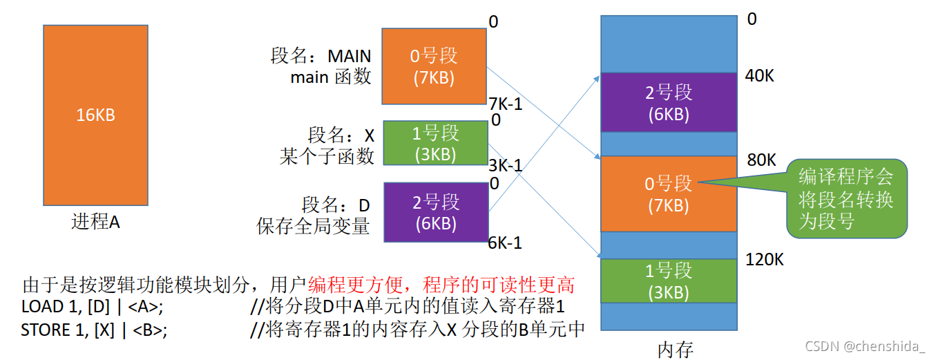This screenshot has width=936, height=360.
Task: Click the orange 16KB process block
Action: [x=95, y=115]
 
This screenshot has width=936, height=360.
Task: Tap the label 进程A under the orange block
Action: [x=95, y=222]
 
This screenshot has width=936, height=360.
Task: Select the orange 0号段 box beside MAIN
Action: [x=434, y=66]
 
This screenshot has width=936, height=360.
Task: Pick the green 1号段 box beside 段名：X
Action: [x=435, y=143]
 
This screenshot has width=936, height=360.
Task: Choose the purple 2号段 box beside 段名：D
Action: [x=435, y=211]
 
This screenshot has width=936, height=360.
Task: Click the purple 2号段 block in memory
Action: [x=669, y=102]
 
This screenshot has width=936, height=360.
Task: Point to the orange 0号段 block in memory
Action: [x=669, y=193]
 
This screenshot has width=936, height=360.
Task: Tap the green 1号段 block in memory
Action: [x=669, y=281]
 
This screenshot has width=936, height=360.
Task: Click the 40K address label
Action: [x=760, y=76]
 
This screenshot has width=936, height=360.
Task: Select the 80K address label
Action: [x=760, y=160]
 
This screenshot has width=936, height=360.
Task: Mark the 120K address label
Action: [x=764, y=260]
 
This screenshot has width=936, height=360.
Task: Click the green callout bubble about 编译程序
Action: [x=846, y=198]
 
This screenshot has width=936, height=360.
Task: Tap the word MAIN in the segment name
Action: [x=349, y=56]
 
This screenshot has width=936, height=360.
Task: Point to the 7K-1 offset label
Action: [x=505, y=104]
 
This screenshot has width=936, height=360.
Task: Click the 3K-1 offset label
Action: [x=505, y=167]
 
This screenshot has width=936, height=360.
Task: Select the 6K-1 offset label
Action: [x=505, y=243]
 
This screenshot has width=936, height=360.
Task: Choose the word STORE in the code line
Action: [x=44, y=330]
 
